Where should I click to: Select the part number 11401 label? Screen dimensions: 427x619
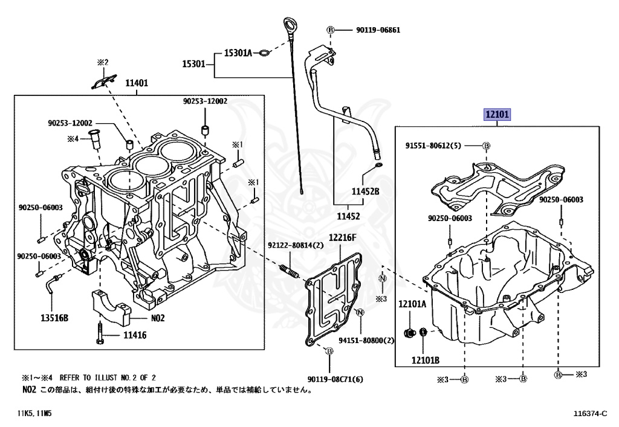[137, 83]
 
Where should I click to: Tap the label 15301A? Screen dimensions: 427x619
[238, 53]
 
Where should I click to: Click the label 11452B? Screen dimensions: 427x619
[366, 191]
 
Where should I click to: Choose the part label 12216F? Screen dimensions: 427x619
[343, 237]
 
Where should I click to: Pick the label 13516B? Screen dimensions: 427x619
[54, 318]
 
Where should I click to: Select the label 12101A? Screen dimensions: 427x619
[412, 304]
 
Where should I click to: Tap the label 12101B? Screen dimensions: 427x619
[426, 361]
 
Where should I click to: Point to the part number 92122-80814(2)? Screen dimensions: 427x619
[296, 245]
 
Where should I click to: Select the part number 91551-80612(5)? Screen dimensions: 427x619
[433, 146]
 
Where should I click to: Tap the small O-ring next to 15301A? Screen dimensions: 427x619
[264, 54]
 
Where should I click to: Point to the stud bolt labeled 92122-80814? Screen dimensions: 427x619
[290, 271]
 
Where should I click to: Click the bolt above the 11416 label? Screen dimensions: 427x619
[100, 333]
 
